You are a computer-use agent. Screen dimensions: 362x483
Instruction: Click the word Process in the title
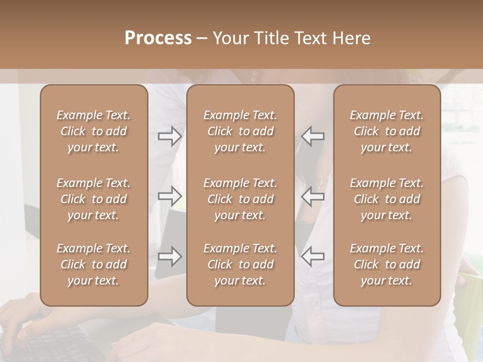coord(158,38)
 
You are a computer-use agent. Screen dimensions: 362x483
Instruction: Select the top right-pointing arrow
coord(170,136)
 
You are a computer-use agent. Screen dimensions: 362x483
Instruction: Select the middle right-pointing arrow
coord(170,196)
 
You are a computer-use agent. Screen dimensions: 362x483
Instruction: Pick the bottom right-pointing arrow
coord(170,256)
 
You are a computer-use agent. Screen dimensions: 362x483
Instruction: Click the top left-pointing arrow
coord(312,136)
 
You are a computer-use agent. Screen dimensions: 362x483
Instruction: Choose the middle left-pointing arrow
coord(312,196)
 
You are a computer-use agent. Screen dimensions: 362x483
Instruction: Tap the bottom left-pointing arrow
coord(312,256)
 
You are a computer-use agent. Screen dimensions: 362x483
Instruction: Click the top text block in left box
coord(94,131)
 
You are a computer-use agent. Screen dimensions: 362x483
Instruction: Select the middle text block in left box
coord(94,199)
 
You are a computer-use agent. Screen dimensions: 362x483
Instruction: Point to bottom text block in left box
coord(94,264)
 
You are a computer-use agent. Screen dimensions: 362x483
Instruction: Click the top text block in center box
coord(240,131)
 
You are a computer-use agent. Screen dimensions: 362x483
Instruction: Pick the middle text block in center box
coord(240,199)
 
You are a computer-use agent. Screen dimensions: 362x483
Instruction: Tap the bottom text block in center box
coord(240,264)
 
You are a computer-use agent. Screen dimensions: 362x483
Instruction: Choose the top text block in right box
coord(386,131)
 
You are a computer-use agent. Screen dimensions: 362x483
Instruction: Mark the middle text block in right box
coord(386,199)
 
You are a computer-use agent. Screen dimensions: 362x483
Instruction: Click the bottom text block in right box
coord(386,264)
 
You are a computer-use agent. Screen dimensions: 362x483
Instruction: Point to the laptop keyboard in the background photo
coord(55,342)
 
